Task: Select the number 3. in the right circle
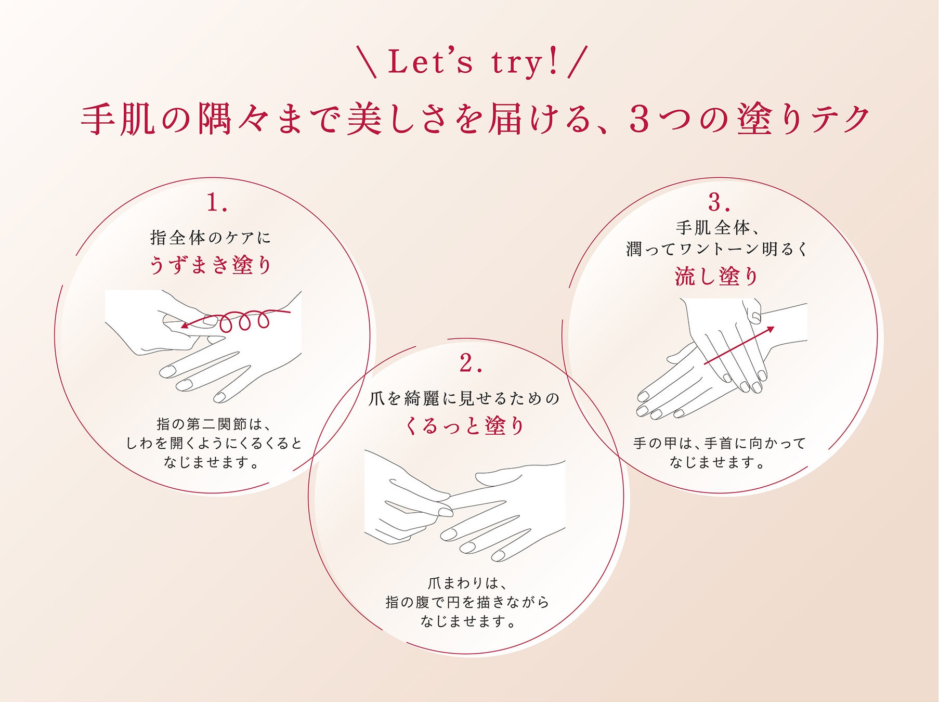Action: pos(719,202)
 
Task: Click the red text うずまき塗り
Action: pos(211,265)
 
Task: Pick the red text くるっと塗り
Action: pos(464,426)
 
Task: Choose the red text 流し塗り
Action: pos(717,276)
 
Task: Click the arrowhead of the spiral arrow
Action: pos(185,326)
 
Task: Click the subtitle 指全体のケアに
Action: pos(211,238)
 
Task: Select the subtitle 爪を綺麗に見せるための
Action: pos(464,398)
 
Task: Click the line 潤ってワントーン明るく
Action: pos(717,249)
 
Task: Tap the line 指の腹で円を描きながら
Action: pos(467,602)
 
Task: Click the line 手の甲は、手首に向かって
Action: pos(719,443)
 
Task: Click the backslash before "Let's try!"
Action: pos(367,62)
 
